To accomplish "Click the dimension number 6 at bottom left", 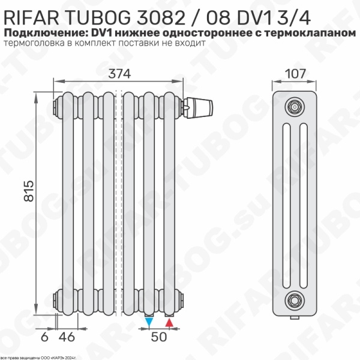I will [44, 336].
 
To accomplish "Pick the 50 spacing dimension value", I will [158, 337].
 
